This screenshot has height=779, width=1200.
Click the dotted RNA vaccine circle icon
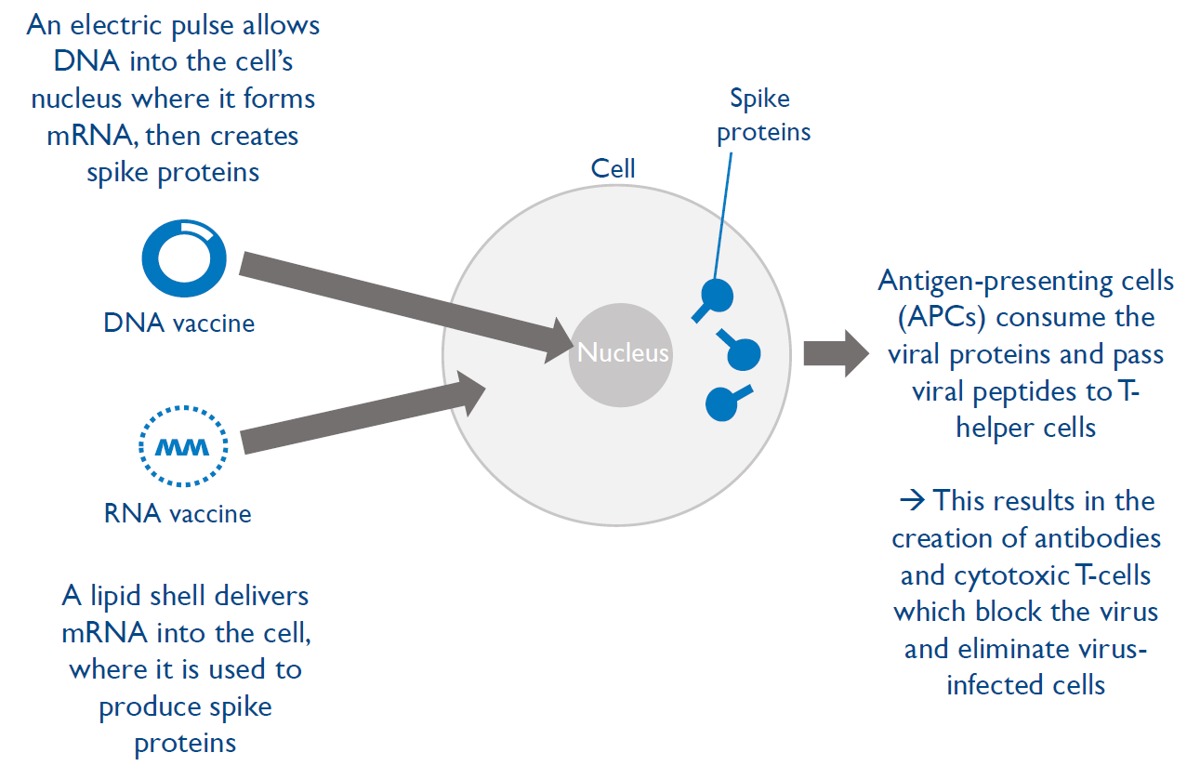tap(183, 445)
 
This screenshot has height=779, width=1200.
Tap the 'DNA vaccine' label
tap(179, 323)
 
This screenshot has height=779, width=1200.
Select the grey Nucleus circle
tap(621, 353)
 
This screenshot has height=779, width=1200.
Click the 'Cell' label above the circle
tap(613, 168)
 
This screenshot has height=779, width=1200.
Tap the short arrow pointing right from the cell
tap(834, 353)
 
